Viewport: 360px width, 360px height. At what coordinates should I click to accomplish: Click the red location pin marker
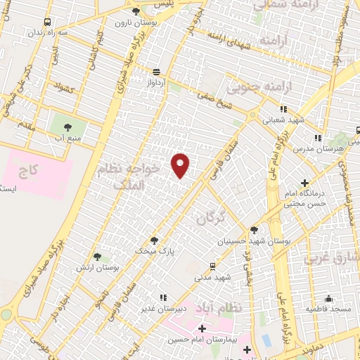tap(181, 165)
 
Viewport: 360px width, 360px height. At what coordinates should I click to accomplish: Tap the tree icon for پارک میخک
tap(155, 240)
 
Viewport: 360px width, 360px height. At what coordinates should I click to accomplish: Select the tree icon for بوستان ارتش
tap(97, 257)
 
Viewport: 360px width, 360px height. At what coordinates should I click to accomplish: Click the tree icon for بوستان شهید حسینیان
tap(254, 230)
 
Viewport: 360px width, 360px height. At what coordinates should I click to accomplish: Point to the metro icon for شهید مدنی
tap(212, 266)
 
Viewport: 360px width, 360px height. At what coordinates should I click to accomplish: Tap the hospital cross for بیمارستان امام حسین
tap(202, 328)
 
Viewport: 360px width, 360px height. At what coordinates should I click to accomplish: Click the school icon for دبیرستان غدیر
tap(163, 297)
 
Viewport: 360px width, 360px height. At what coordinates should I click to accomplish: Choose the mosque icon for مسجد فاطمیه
tap(328, 298)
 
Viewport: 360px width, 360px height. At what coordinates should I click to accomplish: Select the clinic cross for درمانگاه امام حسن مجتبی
tap(304, 184)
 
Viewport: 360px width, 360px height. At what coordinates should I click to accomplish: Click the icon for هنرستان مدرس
tap(318, 138)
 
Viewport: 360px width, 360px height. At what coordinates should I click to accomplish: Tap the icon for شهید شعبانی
tap(283, 110)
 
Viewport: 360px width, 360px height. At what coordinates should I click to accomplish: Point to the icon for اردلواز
tap(155, 71)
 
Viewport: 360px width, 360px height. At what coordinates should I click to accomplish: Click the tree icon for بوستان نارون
tap(136, 12)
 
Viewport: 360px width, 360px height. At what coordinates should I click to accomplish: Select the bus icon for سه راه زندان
tap(47, 22)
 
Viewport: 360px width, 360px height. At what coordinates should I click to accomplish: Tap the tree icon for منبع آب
tap(67, 127)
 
